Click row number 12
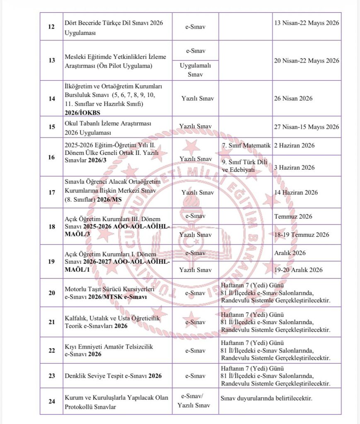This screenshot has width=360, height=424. (x=52, y=26)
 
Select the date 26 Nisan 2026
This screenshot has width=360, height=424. (x=293, y=99)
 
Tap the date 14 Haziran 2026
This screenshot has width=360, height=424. (x=296, y=192)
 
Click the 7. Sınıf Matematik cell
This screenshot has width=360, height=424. (x=246, y=146)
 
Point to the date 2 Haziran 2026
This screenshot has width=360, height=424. (x=294, y=146)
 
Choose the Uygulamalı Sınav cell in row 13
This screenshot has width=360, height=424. (x=196, y=70)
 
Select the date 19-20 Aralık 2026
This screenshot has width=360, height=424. (x=298, y=270)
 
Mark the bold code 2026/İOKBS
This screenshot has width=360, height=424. (x=82, y=112)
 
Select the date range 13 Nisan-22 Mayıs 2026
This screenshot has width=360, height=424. (x=307, y=22)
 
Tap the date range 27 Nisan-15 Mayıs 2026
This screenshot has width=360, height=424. (x=307, y=127)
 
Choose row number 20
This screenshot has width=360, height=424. (x=52, y=293)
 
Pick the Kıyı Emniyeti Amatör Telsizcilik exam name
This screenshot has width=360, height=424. (x=109, y=347)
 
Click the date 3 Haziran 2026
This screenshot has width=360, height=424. (x=294, y=167)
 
